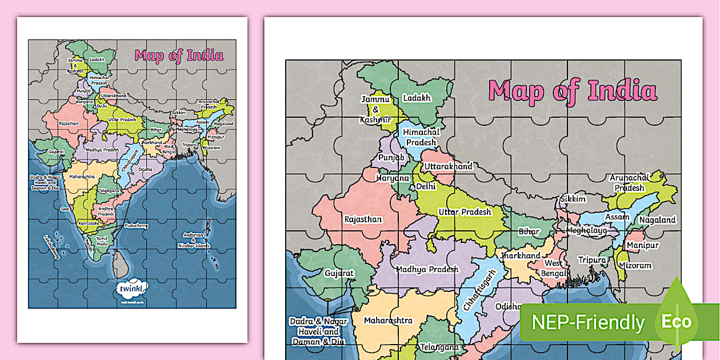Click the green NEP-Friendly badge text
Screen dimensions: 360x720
click(588, 322)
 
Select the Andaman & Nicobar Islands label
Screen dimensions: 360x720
click(196, 239)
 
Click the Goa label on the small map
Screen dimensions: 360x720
click(65, 209)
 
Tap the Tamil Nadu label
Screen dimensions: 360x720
click(102, 242)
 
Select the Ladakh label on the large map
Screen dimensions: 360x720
click(417, 98)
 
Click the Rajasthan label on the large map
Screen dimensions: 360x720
click(363, 219)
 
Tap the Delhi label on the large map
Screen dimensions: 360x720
click(426, 186)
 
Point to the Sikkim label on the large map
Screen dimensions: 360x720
click(573, 199)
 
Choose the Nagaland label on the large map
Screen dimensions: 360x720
click(657, 219)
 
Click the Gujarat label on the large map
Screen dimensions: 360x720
click(339, 273)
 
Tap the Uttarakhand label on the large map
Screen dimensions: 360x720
click(448, 166)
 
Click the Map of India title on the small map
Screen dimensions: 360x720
click(179, 55)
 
